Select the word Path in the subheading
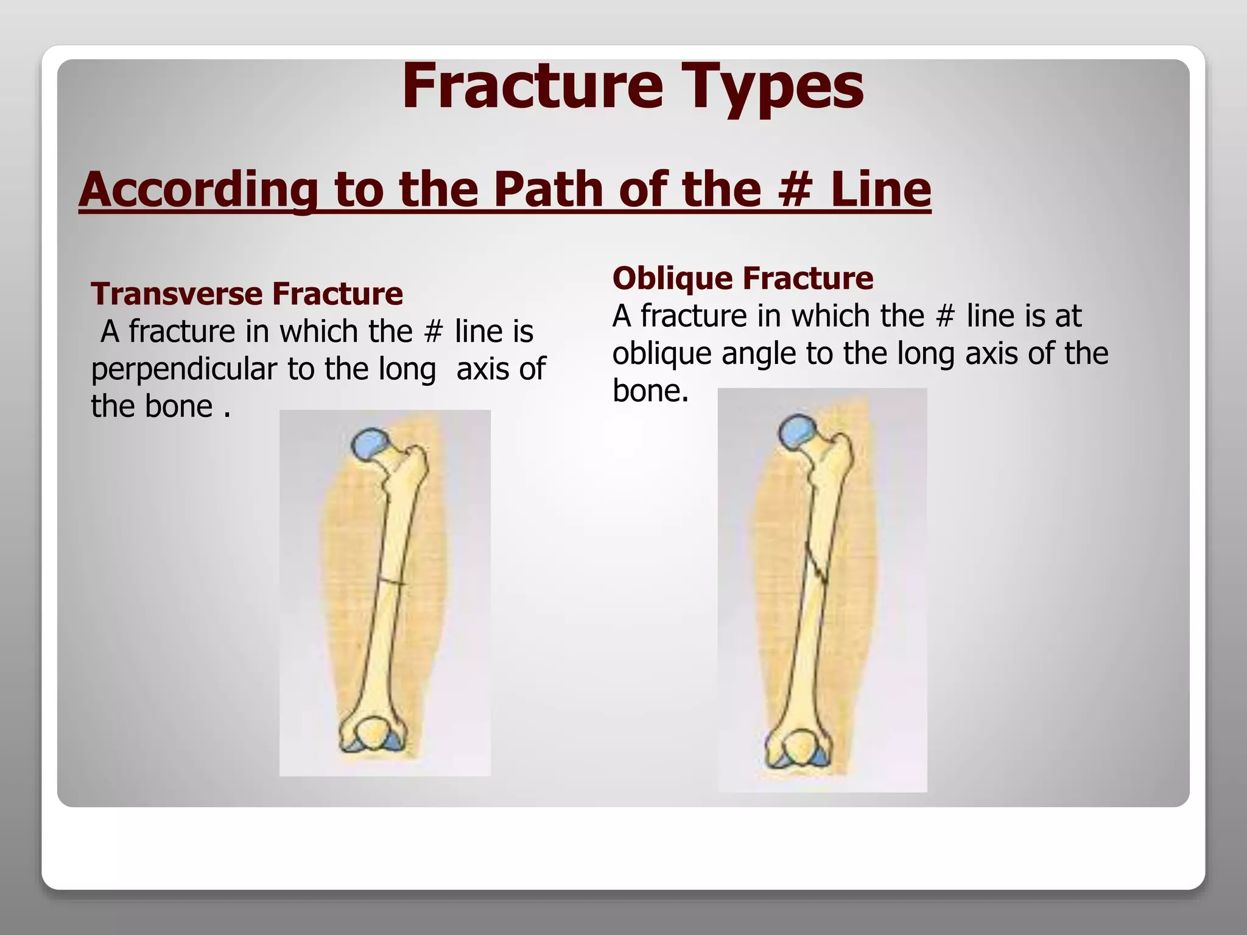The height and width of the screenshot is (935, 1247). (x=549, y=189)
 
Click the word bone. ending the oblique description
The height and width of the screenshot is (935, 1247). (x=650, y=391)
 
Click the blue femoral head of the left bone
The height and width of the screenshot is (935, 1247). (x=370, y=443)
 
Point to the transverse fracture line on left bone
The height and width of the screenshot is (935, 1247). (x=390, y=581)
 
